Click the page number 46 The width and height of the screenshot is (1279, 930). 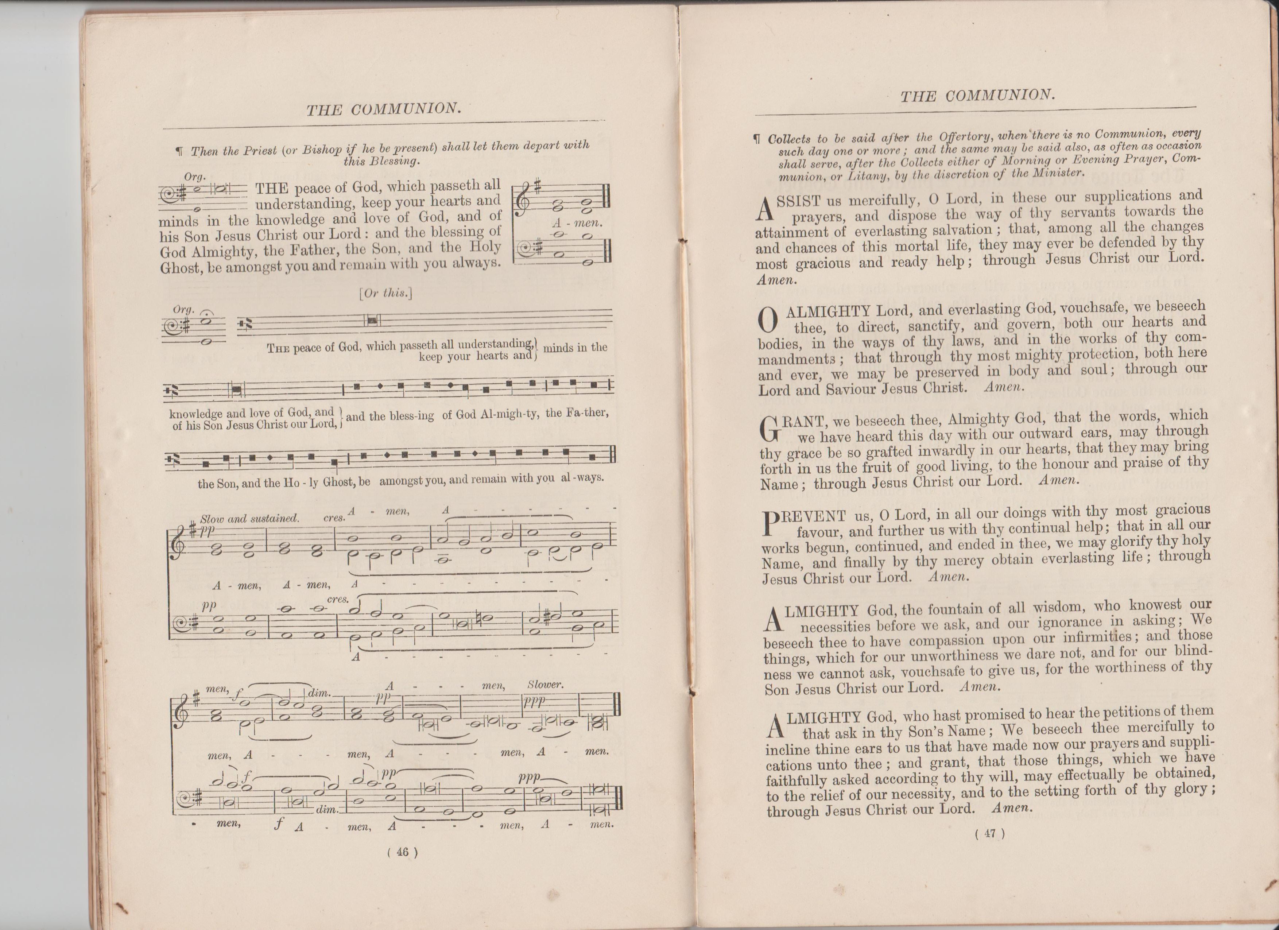(x=403, y=852)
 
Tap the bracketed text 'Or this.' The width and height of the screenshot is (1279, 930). (x=386, y=293)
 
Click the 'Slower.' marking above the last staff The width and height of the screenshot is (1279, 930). (x=545, y=685)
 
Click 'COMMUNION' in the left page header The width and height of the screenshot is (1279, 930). (x=406, y=109)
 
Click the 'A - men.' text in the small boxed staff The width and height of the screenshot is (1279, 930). (x=577, y=223)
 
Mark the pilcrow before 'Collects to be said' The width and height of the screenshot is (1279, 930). (x=758, y=139)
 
